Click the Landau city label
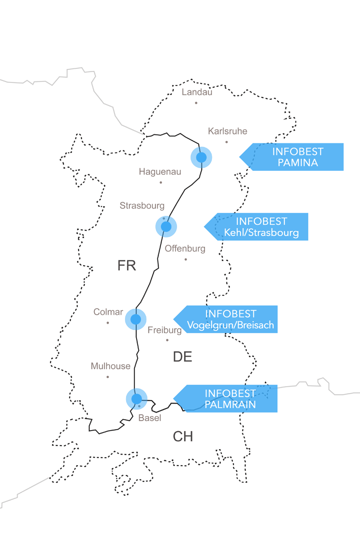[197, 92]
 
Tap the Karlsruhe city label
[227, 131]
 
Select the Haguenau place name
[160, 172]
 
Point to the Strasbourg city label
[142, 206]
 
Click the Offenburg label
[185, 249]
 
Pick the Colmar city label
[108, 312]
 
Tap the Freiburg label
[164, 330]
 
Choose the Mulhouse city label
[110, 366]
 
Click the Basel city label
[149, 418]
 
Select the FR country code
[127, 266]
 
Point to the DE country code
[182, 357]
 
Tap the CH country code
[183, 437]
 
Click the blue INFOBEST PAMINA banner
[297, 157]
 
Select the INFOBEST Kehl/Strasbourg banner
[261, 227]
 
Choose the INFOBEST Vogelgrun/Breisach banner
[230, 320]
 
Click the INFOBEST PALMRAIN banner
[230, 399]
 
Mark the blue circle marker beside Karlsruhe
[201, 157]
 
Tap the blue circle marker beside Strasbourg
[166, 227]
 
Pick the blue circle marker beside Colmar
[135, 319]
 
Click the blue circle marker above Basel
[136, 399]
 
